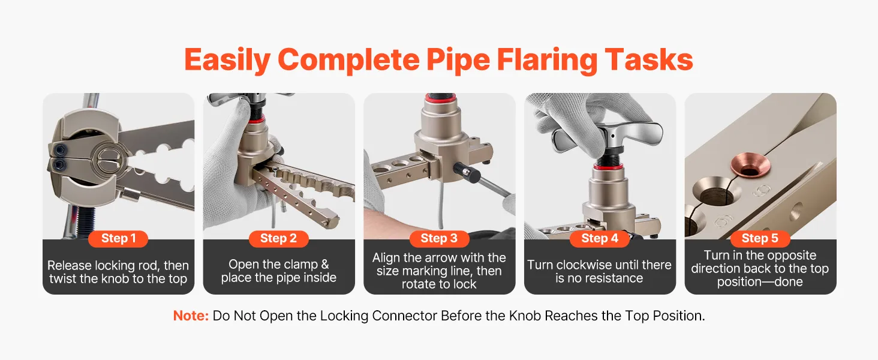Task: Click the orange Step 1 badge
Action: tap(118, 238)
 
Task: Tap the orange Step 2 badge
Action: tap(279, 238)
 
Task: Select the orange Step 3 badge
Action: tap(439, 238)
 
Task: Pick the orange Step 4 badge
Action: tap(600, 238)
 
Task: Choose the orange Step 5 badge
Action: tap(760, 238)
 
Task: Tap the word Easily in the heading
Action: tap(227, 61)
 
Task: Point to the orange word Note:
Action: tap(191, 316)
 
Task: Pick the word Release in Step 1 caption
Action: tap(70, 265)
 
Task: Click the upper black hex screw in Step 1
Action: tap(61, 150)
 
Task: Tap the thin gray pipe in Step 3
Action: tap(441, 204)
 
